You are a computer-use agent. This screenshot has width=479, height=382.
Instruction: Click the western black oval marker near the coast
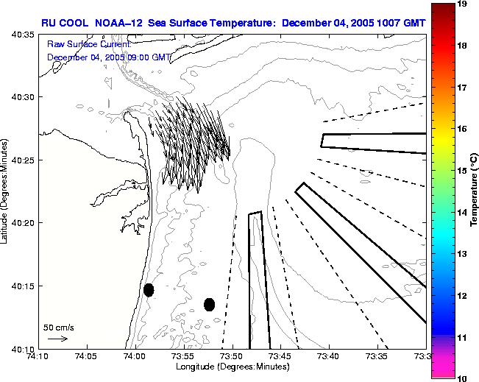[x=149, y=290]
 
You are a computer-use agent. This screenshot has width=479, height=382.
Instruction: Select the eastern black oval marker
[x=209, y=304]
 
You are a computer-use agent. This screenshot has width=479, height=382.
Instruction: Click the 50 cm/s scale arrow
[x=57, y=339]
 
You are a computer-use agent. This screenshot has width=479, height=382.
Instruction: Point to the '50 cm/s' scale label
[x=57, y=327]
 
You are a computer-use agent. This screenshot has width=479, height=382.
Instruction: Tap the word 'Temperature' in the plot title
[x=243, y=22]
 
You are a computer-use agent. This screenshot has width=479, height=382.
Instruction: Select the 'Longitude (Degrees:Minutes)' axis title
[x=232, y=367]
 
